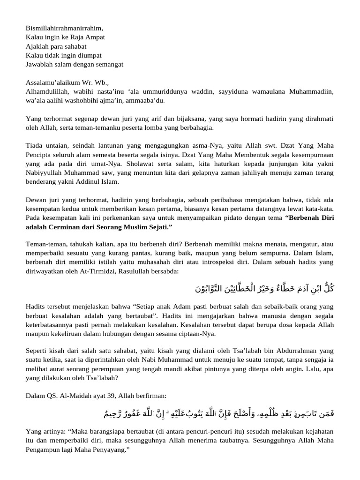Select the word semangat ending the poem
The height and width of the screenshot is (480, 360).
106,64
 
